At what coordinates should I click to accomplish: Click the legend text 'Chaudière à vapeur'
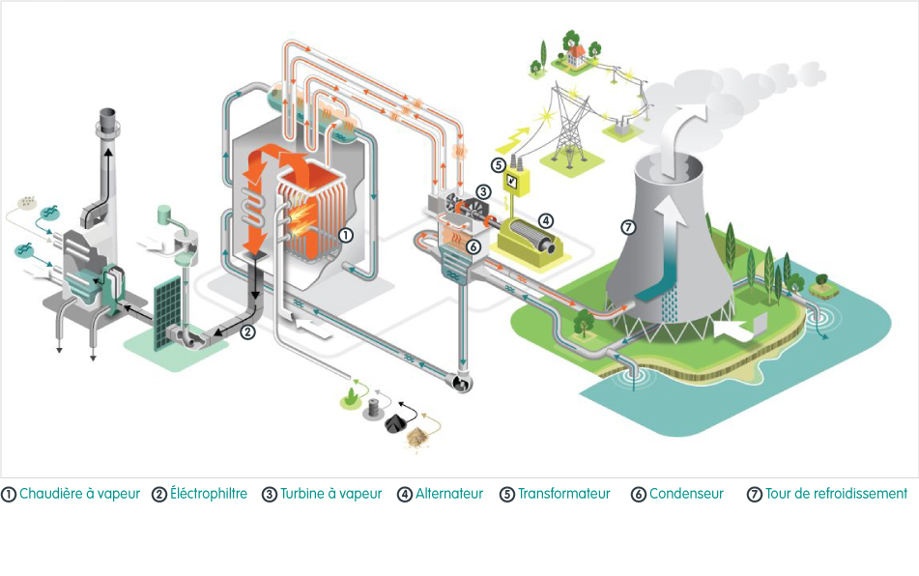point(79,494)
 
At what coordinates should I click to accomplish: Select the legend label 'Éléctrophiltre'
point(208,494)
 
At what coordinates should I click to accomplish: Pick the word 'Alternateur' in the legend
point(448,494)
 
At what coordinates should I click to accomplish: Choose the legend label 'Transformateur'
point(563,494)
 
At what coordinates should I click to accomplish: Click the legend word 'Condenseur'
point(686,494)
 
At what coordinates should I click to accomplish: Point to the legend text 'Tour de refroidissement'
point(836,494)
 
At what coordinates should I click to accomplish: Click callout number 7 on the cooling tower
point(628,228)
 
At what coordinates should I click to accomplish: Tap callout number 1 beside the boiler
point(346,235)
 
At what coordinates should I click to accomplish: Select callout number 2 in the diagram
point(247,331)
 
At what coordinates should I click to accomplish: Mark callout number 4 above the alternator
point(545,219)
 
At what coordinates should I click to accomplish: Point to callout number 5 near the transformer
point(499,165)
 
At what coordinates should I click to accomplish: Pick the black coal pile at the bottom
point(396,422)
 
